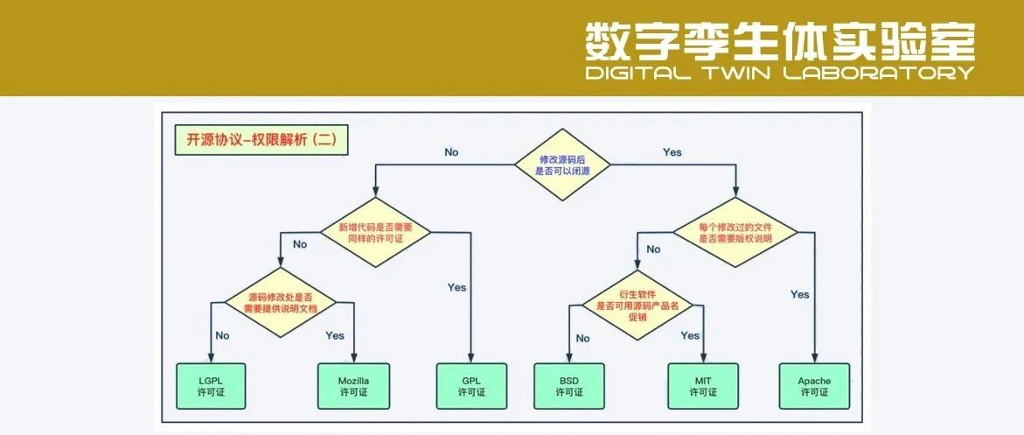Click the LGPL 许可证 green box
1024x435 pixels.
tap(211, 386)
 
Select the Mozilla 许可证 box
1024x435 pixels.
tap(353, 386)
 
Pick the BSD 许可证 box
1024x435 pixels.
tap(568, 386)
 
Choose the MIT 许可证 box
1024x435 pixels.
tap(703, 386)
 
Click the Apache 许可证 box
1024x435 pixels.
tap(814, 386)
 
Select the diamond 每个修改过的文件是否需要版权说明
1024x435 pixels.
tap(735, 232)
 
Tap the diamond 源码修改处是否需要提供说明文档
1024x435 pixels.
tap(281, 302)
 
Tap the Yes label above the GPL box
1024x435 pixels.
tap(456, 287)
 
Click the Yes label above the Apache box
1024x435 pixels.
tap(799, 294)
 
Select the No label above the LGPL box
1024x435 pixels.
tap(222, 335)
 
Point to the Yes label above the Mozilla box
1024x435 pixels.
tap(335, 335)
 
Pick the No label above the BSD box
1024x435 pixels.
tap(582, 338)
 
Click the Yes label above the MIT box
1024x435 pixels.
tap(690, 335)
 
